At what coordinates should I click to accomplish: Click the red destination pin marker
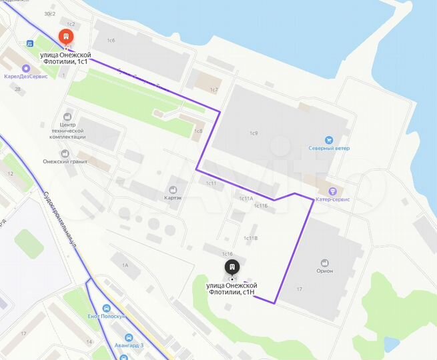(66, 37)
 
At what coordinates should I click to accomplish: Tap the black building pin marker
(231, 268)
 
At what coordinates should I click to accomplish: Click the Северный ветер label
(328, 148)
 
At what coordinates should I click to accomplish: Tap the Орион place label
(326, 271)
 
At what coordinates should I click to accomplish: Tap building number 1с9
(254, 133)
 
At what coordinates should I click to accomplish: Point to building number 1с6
(111, 41)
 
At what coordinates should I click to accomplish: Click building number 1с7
(214, 89)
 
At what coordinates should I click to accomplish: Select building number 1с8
(198, 131)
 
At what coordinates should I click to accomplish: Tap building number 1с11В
(251, 237)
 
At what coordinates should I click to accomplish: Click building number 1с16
(227, 254)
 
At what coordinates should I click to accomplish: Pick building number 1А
(124, 265)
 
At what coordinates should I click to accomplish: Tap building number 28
(17, 89)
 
